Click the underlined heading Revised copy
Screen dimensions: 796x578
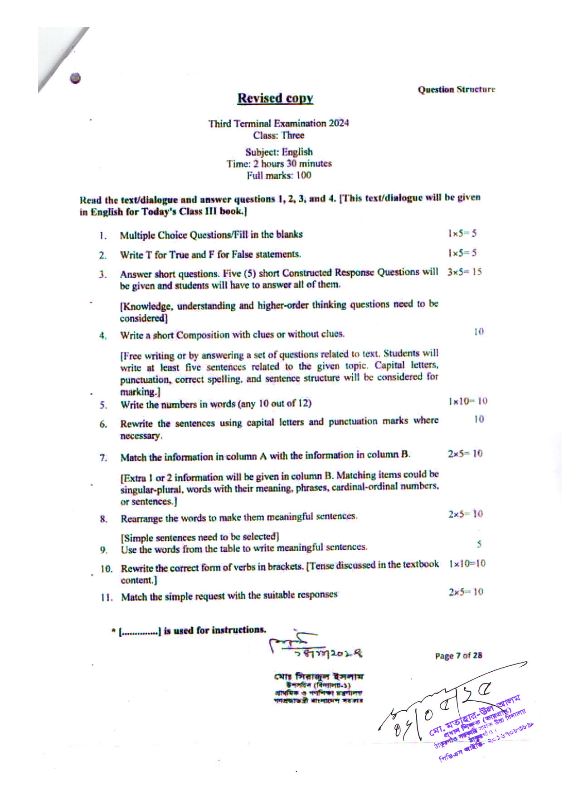tap(275, 98)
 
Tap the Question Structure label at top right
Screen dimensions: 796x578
tap(456, 89)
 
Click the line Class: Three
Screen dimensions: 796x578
tap(279, 135)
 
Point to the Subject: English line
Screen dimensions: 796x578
tap(279, 152)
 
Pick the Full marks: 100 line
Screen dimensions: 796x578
tap(279, 176)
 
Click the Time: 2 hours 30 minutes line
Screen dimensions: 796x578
tap(279, 164)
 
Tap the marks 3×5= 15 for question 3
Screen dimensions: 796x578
tap(464, 272)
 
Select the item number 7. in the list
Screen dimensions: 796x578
tap(104, 458)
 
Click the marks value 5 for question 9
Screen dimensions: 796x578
tap(479, 543)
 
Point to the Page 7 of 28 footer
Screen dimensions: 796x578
tap(458, 655)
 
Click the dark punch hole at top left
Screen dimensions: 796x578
tap(76, 78)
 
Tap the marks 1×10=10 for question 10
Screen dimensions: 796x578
tap(467, 564)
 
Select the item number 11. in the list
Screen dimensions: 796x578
tap(107, 597)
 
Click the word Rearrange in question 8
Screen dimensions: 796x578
tap(139, 518)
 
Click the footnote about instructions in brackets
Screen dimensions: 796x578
tap(189, 630)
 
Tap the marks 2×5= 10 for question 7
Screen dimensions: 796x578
tap(465, 454)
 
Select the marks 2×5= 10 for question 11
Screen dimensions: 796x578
tap(466, 592)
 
